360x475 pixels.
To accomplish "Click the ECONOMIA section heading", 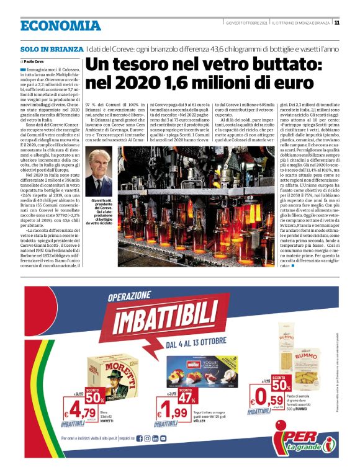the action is [60, 25].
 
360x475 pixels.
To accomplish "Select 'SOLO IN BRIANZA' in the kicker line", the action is [51, 48].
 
